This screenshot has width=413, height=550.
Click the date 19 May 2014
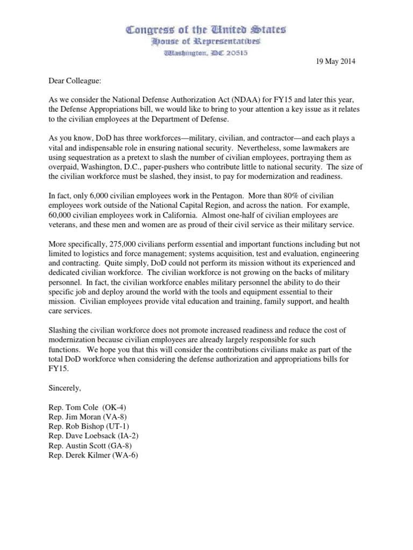[x=335, y=62]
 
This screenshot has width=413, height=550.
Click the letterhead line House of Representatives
[x=206, y=41]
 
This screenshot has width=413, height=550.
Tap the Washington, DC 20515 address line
[x=206, y=53]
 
